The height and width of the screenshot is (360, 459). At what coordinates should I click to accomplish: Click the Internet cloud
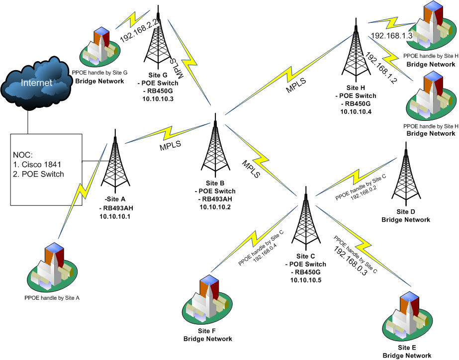(x=36, y=83)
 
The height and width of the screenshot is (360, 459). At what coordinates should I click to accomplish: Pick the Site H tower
(x=356, y=50)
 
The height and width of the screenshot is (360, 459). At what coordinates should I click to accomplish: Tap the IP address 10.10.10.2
(x=215, y=207)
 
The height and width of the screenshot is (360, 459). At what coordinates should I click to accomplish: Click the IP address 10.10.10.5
(x=306, y=280)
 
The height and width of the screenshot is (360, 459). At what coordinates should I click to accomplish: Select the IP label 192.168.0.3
(x=350, y=262)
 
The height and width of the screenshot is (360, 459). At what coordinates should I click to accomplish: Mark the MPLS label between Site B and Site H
(x=296, y=85)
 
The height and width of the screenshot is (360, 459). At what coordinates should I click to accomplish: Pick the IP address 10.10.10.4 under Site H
(x=356, y=112)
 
